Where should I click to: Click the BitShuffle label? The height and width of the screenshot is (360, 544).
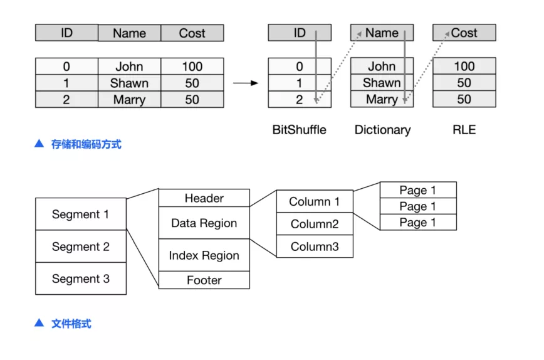[x=299, y=130]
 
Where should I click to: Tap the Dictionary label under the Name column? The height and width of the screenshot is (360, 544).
[x=382, y=130]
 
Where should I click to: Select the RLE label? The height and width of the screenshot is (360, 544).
[x=464, y=130]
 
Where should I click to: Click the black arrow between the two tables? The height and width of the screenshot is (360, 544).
[x=246, y=83]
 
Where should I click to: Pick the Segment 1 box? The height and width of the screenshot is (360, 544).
[x=81, y=214]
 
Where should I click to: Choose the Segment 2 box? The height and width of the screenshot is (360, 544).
[x=81, y=246]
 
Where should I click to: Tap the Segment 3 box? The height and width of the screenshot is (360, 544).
[x=81, y=278]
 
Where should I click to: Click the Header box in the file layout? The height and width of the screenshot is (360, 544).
[x=204, y=198]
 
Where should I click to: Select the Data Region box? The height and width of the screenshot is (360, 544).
[x=204, y=223]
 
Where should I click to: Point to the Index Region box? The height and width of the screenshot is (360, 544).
[x=204, y=255]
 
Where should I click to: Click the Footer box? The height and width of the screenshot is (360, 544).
[x=204, y=280]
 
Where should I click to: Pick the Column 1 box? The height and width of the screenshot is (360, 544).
[x=315, y=201]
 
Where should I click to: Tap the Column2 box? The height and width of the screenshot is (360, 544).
[x=315, y=224]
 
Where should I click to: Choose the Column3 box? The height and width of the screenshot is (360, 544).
[x=315, y=246]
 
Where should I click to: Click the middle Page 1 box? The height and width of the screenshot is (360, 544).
[x=418, y=206]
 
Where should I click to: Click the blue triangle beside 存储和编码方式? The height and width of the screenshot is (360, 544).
[x=39, y=144]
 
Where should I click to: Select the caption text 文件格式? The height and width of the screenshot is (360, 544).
[x=71, y=324]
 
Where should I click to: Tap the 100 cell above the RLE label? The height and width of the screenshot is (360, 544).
[x=464, y=66]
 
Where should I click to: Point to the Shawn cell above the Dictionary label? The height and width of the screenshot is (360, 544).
[x=382, y=83]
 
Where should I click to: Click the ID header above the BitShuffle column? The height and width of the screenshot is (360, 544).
[x=300, y=33]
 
